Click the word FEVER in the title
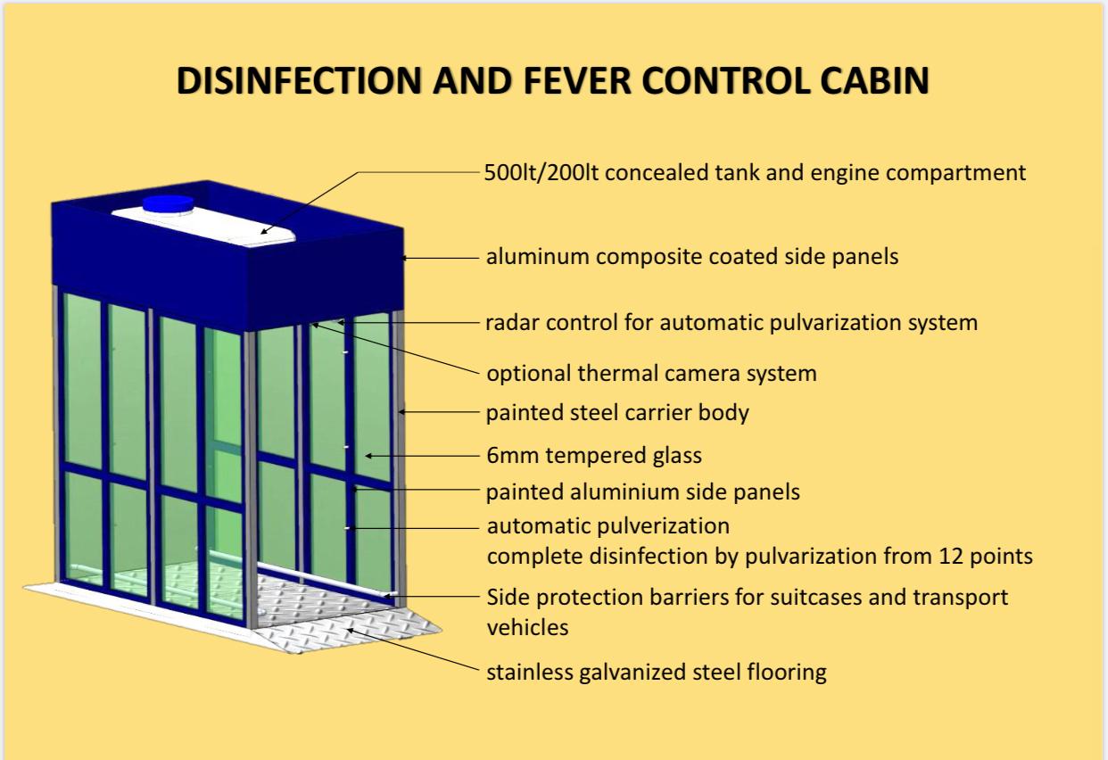click(x=577, y=80)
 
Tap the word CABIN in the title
click(x=874, y=80)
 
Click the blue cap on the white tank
click(x=169, y=204)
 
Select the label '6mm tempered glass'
click(x=594, y=456)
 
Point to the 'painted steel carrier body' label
click(x=617, y=413)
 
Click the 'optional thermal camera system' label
click(x=651, y=374)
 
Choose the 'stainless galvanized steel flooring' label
click(x=657, y=673)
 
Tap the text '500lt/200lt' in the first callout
click(x=542, y=172)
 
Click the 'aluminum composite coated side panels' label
click(x=692, y=257)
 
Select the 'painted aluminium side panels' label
click(x=642, y=492)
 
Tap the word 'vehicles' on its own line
click(x=527, y=628)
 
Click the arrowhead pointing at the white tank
click(x=265, y=231)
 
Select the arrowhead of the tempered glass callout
click(x=368, y=456)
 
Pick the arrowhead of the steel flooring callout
click(x=351, y=630)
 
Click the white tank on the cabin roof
click(x=203, y=225)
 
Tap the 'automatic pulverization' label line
click(x=608, y=525)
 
